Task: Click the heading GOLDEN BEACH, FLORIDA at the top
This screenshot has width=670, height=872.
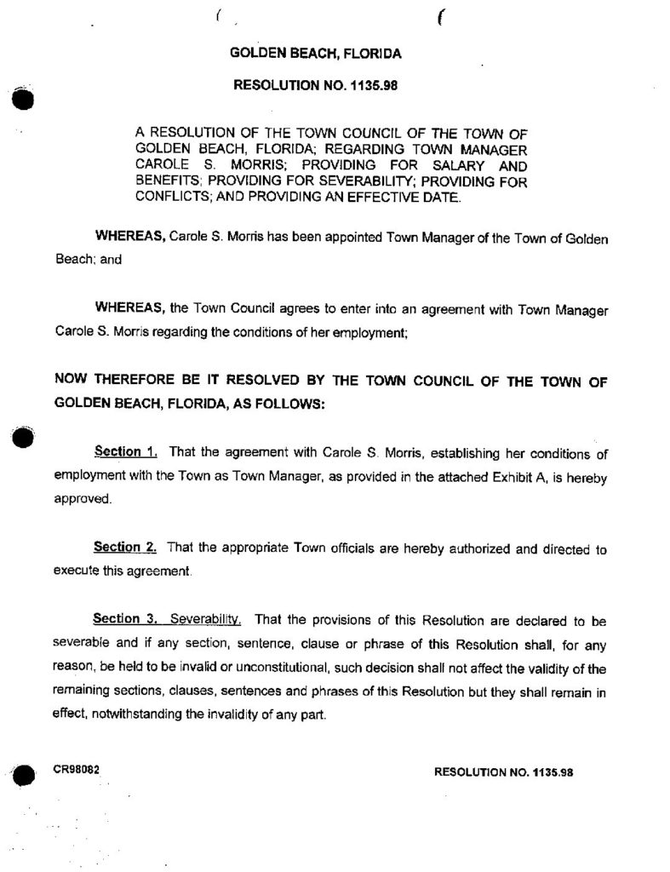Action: click(316, 53)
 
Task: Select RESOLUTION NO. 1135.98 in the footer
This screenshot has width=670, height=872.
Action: click(505, 772)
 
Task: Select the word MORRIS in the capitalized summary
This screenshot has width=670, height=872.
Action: click(229, 165)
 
